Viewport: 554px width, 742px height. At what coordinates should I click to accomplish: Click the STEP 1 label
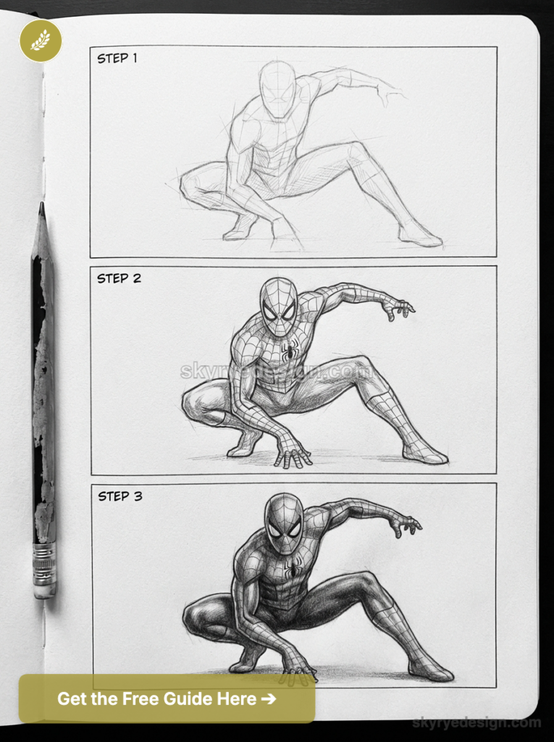(117, 58)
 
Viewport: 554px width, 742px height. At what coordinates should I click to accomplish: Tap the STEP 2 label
(119, 278)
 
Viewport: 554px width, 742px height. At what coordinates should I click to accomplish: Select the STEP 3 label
(120, 496)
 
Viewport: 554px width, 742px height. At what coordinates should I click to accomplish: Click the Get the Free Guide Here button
(167, 699)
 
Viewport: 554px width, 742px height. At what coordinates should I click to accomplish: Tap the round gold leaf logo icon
(41, 41)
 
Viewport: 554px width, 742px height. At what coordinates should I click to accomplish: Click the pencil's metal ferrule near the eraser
(44, 562)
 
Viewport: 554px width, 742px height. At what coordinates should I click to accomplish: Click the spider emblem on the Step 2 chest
(289, 352)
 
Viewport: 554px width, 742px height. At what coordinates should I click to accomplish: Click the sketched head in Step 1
(278, 88)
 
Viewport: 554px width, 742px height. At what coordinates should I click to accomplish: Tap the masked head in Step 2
(279, 306)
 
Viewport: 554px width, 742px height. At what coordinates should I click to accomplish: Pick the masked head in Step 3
(283, 523)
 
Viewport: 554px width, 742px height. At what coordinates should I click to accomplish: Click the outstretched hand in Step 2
(398, 309)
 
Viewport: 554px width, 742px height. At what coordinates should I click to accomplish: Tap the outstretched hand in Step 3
(406, 524)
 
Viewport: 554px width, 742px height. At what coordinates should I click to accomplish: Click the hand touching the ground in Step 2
(293, 453)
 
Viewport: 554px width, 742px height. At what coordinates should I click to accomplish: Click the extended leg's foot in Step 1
(421, 235)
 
